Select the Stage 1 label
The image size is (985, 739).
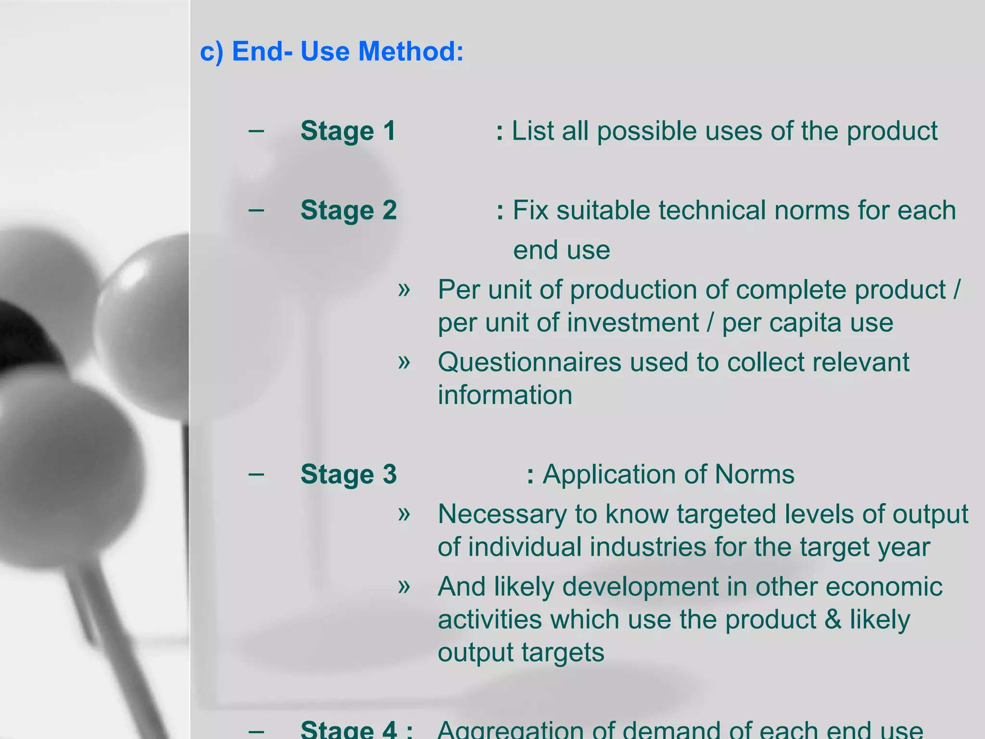[x=348, y=131]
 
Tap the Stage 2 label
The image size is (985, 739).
[x=348, y=210]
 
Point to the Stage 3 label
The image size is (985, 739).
[x=348, y=474]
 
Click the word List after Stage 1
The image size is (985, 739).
[x=532, y=131]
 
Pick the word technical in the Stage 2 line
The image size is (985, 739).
[x=712, y=210]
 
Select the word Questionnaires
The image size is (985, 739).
[x=529, y=362]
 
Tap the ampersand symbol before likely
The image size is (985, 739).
[x=833, y=619]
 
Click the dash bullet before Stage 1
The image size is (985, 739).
[x=256, y=130]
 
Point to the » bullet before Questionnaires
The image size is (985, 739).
[x=404, y=362]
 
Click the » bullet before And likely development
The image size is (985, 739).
[x=404, y=586]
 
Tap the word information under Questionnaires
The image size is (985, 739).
[x=505, y=395]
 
